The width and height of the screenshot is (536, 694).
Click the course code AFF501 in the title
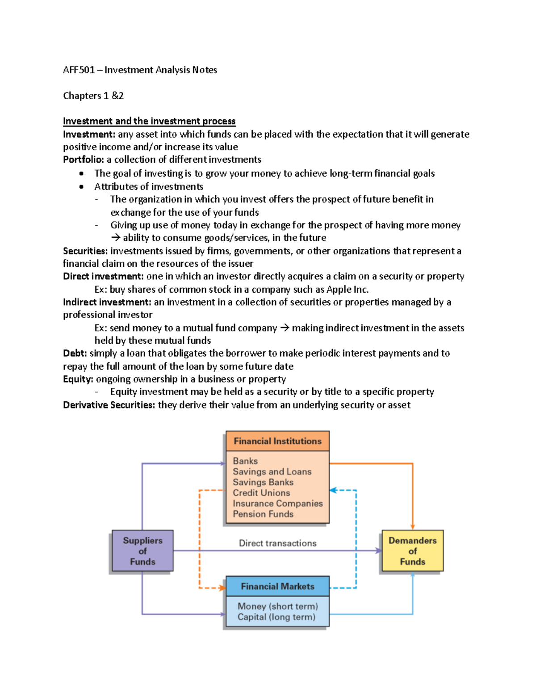click(x=79, y=70)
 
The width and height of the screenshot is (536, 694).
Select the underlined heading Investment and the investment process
click(x=149, y=121)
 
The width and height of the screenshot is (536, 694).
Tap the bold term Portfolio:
click(x=83, y=160)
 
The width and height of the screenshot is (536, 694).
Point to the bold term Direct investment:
click(x=103, y=277)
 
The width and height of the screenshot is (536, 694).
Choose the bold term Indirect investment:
click(x=107, y=303)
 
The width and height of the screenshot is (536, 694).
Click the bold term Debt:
click(x=75, y=353)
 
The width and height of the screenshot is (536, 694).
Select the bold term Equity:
click(x=78, y=379)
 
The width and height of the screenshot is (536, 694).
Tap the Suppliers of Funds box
click(x=142, y=551)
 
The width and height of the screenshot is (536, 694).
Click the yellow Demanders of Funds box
click(x=412, y=551)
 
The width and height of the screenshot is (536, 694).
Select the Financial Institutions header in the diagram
click(x=277, y=441)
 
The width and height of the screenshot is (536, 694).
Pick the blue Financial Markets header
click(x=277, y=586)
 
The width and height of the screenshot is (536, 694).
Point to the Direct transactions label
click(x=277, y=543)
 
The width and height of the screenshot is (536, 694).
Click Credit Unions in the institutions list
click(x=261, y=493)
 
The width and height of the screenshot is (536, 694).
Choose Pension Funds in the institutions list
click(x=263, y=514)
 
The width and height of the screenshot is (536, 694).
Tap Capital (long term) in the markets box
click(x=276, y=617)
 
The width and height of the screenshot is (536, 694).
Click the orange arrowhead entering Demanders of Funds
click(x=413, y=527)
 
